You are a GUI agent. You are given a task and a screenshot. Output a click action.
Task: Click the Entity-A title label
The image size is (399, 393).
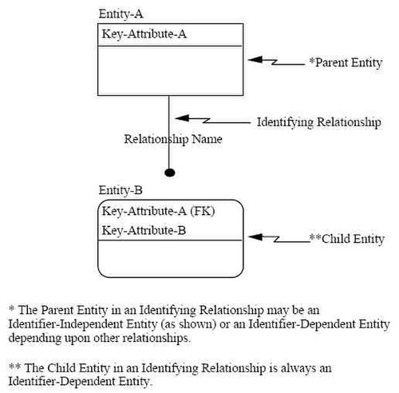point(121,14)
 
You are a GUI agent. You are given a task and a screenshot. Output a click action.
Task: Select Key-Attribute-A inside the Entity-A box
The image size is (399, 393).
point(144,34)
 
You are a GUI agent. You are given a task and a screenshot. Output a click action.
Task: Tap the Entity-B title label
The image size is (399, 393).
point(120,190)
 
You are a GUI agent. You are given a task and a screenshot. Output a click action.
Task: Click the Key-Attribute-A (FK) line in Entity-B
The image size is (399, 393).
point(159,211)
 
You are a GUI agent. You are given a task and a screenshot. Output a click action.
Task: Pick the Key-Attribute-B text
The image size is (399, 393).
point(144,230)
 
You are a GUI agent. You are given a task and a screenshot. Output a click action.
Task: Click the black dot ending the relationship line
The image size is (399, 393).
point(170,173)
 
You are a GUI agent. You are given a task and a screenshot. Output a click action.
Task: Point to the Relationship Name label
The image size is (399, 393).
point(173,139)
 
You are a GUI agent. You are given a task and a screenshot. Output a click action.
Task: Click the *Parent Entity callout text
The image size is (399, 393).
point(346,63)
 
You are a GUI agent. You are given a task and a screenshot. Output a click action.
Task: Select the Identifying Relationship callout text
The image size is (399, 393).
point(319,122)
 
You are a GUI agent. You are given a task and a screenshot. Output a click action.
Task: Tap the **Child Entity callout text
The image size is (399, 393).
point(347,239)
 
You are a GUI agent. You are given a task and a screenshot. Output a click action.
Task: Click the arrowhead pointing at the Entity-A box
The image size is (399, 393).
point(255,60)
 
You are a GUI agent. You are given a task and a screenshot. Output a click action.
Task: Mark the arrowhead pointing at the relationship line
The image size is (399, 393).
point(182,118)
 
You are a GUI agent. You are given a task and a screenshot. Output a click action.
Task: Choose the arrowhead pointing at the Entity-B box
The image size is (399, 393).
point(255,236)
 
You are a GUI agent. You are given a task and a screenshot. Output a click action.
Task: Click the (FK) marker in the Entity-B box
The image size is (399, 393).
point(203,211)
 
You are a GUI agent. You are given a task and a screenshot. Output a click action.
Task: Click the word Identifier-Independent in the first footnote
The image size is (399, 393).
point(66,324)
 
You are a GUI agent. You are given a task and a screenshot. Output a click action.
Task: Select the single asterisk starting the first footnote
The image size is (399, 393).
point(11,308)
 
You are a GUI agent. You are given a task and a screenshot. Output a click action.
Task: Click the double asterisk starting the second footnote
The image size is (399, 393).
point(14,366)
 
